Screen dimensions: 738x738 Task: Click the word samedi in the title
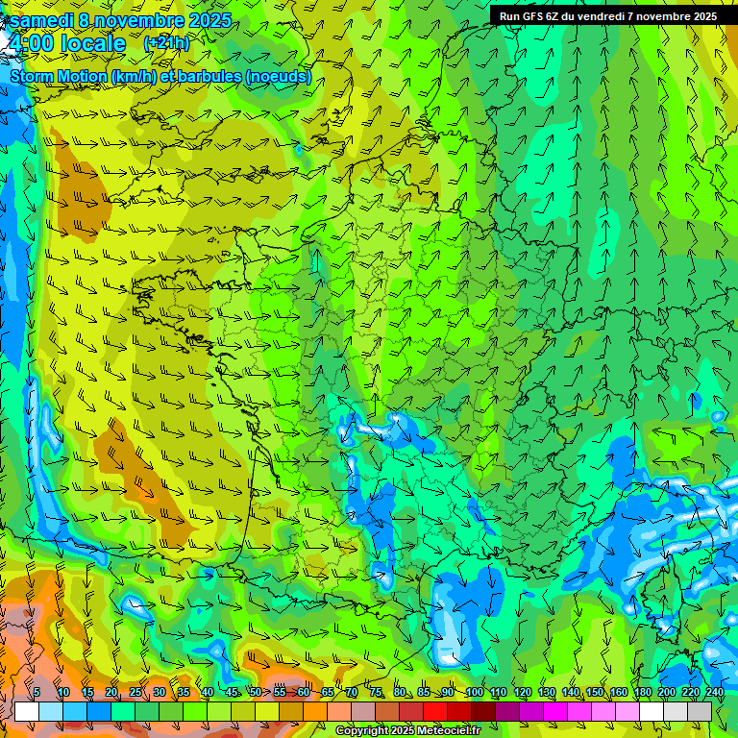(x=44, y=20)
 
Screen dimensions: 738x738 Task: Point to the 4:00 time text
(x=30, y=43)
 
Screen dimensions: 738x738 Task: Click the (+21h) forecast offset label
(x=167, y=43)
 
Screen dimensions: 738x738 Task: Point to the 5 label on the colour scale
(x=37, y=692)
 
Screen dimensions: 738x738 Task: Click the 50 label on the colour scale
(x=255, y=692)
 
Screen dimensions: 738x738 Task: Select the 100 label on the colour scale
(x=474, y=692)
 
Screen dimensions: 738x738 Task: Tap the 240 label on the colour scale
(x=715, y=692)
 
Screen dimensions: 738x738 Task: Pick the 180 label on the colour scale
(x=643, y=692)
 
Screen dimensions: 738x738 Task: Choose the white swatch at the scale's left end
(x=27, y=711)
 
